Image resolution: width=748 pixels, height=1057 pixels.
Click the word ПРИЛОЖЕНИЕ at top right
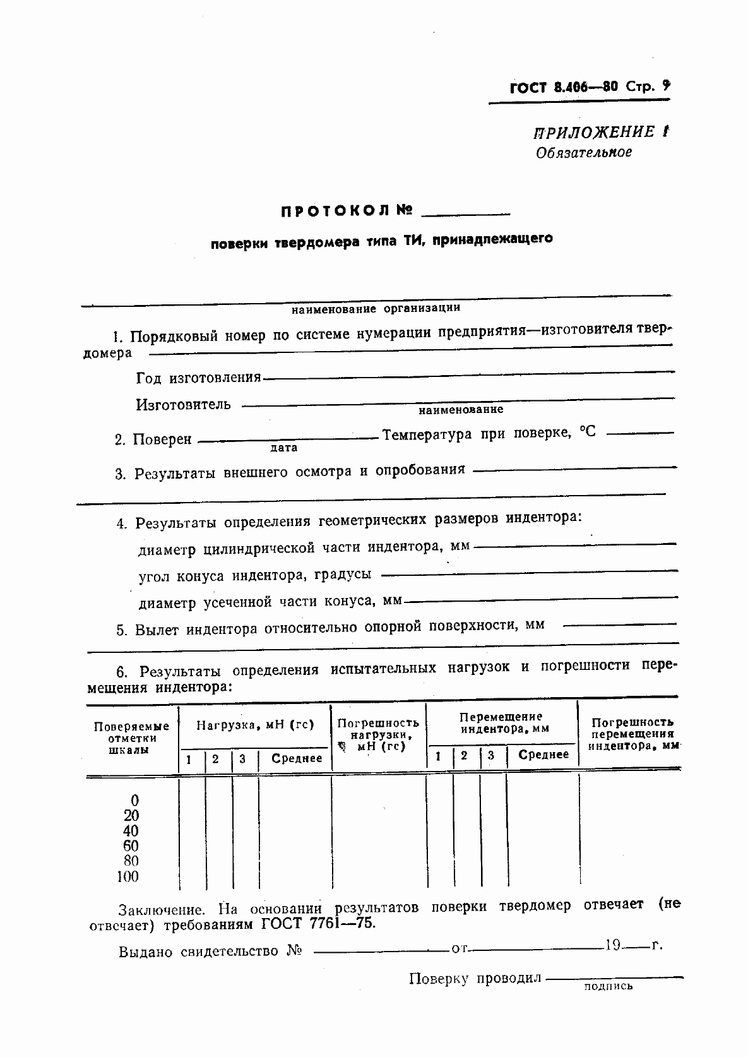coord(594,132)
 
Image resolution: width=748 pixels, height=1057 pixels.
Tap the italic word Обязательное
coord(583,152)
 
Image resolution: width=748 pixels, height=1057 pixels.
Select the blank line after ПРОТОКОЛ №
coord(465,215)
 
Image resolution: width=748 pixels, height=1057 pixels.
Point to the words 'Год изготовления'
coord(198,378)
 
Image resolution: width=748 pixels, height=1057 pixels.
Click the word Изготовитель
coord(183,404)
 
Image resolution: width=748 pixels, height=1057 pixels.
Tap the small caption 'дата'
coord(283,448)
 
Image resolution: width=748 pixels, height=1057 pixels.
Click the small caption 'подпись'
coord(608,986)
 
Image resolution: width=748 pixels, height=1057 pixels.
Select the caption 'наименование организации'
coord(376,308)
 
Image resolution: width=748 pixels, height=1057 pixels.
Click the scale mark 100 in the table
coord(128,876)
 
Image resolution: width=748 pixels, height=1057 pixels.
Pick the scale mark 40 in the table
coord(131,831)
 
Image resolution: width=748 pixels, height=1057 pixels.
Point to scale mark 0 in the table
coord(134,801)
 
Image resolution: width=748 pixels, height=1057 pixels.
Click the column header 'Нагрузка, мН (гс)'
coord(254,725)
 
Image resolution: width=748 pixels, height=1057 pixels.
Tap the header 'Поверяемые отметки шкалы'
coord(131,738)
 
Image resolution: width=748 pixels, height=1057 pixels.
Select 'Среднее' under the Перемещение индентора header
coord(543,755)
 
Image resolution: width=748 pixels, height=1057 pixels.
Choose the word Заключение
coord(162,910)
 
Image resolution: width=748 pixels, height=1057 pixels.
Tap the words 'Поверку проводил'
coord(475,979)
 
